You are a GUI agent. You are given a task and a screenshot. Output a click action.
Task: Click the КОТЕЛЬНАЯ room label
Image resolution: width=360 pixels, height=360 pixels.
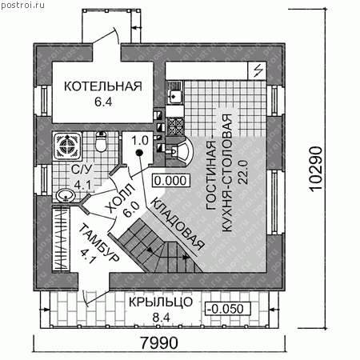click(x=103, y=86)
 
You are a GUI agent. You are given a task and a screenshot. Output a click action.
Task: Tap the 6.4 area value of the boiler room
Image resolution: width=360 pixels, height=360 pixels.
click(x=103, y=102)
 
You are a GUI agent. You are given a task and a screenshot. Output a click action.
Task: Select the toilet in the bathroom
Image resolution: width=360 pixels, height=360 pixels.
click(x=101, y=142)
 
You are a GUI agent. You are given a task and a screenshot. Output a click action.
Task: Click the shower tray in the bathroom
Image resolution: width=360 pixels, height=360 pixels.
click(x=67, y=146)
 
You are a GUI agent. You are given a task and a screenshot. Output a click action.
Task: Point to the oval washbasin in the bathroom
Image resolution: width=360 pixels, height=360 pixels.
click(x=66, y=195)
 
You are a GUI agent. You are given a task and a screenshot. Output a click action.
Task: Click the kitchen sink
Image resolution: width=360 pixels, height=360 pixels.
click(x=175, y=94)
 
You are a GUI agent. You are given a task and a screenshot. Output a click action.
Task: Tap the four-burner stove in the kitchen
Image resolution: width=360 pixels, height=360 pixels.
click(x=175, y=126)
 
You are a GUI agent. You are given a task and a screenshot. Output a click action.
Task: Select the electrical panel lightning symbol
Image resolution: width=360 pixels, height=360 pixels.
click(x=258, y=70)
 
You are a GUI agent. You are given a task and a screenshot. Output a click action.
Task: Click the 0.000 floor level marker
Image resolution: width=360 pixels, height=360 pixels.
click(x=170, y=181)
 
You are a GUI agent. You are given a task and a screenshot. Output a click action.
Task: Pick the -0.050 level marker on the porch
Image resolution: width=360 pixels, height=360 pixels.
click(x=227, y=309)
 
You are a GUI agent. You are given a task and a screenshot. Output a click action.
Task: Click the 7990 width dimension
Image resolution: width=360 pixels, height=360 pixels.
click(x=159, y=343)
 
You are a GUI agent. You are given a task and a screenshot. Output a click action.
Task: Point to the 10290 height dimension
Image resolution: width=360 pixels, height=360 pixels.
click(x=316, y=169)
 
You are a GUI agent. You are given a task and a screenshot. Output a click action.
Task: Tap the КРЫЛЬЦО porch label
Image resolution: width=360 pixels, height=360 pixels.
click(x=161, y=302)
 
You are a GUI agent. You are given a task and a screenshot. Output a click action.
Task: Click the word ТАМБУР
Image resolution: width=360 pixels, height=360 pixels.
click(x=99, y=243)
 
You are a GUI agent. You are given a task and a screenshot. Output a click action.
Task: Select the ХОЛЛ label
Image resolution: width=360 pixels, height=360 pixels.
click(x=121, y=198)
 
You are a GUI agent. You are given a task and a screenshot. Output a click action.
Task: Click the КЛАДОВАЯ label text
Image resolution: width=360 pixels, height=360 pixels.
click(x=178, y=225)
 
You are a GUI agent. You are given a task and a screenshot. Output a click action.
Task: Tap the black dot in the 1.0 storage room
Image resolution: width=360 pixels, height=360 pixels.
click(x=139, y=153)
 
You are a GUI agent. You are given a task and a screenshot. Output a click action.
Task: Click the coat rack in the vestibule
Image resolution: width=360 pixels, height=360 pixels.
click(x=61, y=239)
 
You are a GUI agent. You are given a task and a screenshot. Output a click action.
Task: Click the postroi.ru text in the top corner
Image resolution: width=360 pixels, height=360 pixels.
click(x=23, y=5)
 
